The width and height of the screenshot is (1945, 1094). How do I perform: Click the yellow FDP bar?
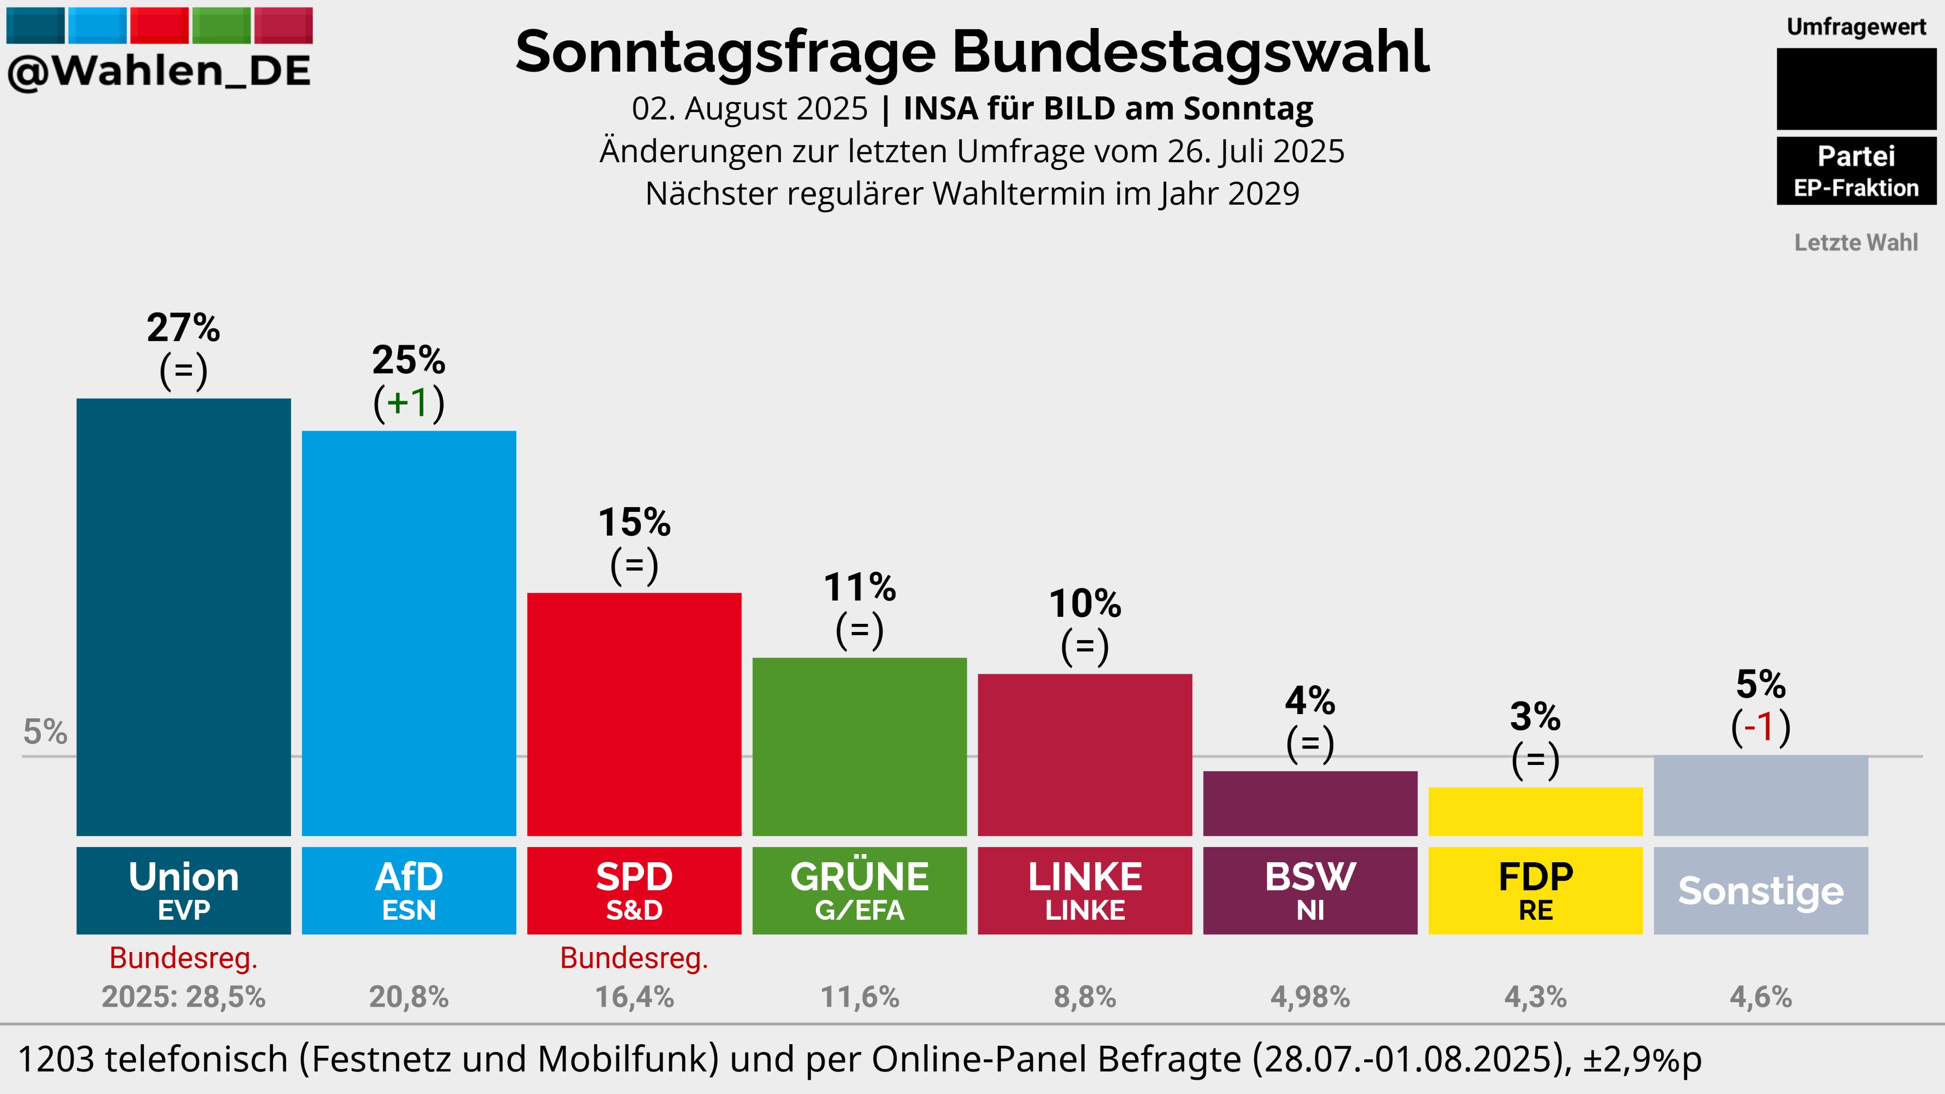point(1535,811)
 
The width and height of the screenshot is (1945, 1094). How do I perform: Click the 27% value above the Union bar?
point(183,328)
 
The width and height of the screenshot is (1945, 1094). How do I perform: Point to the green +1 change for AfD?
point(408,403)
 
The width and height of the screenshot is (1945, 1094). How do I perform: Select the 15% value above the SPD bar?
point(634,522)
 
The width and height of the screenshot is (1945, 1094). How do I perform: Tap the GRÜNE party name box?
point(859,890)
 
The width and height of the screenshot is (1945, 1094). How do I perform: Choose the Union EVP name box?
point(183,890)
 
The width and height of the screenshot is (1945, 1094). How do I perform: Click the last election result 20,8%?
point(408,997)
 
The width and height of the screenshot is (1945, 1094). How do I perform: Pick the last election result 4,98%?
point(1310,997)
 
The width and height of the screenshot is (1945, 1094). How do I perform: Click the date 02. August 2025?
point(750,109)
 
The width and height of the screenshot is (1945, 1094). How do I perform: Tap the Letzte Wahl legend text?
point(1856,242)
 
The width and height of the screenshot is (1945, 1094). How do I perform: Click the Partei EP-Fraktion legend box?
point(1856,170)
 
